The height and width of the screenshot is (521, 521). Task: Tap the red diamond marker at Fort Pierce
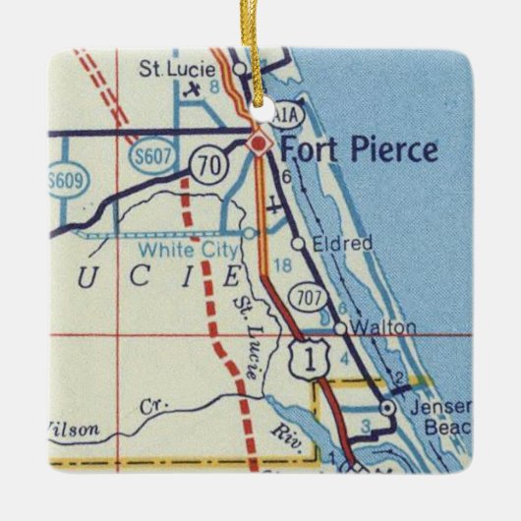coord(259,145)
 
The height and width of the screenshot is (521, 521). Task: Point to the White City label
coord(199,250)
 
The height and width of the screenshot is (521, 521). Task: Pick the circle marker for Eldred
coord(296,242)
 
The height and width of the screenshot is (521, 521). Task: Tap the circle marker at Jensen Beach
coord(387,405)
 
